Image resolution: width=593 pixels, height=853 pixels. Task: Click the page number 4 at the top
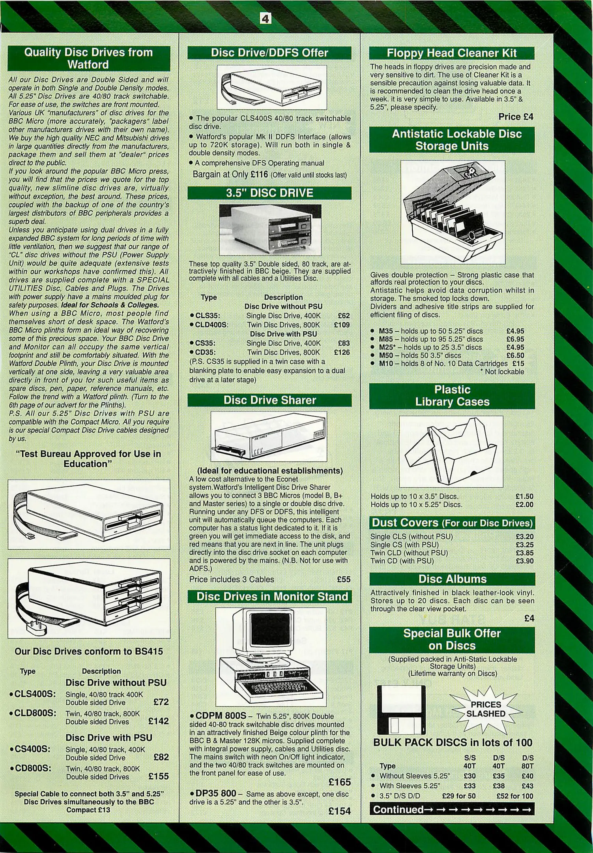click(x=266, y=18)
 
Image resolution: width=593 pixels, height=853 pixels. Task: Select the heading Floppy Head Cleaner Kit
click(x=451, y=53)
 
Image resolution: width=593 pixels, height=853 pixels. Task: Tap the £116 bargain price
click(x=259, y=174)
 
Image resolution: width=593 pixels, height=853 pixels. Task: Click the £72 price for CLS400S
click(x=161, y=702)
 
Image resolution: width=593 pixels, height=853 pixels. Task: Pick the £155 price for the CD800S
click(x=159, y=776)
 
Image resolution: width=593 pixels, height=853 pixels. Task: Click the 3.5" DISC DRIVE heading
click(x=269, y=193)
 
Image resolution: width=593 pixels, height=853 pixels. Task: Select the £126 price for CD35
click(x=342, y=352)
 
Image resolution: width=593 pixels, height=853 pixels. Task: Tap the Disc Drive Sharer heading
click(x=269, y=400)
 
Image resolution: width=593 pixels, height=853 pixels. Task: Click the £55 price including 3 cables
click(x=344, y=579)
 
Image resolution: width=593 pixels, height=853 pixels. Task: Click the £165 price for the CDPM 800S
click(x=339, y=782)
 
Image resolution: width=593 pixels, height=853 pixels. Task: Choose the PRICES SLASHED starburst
click(x=486, y=709)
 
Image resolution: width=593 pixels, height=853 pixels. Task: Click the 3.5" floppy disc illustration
click(x=401, y=710)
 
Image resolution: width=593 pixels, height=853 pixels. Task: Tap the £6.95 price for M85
click(x=515, y=339)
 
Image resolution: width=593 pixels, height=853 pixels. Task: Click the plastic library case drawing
click(x=451, y=451)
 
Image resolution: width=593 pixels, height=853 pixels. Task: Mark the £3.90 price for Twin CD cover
click(x=524, y=561)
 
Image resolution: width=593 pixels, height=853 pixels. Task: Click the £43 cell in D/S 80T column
click(x=528, y=786)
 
